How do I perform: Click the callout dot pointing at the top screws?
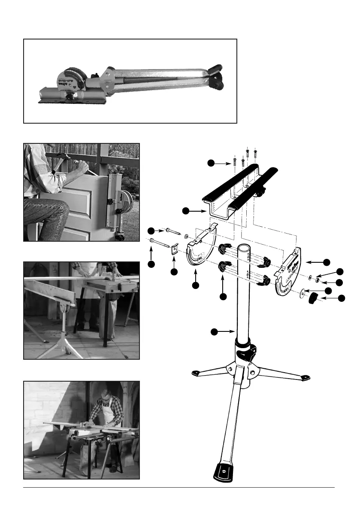tap(210, 163)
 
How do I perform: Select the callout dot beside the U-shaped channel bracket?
tap(185, 210)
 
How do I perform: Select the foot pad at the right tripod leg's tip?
tap(305, 378)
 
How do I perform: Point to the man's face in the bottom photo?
tap(105, 398)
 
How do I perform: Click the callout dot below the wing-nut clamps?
tap(222, 296)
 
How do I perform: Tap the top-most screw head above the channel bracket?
tap(248, 150)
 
